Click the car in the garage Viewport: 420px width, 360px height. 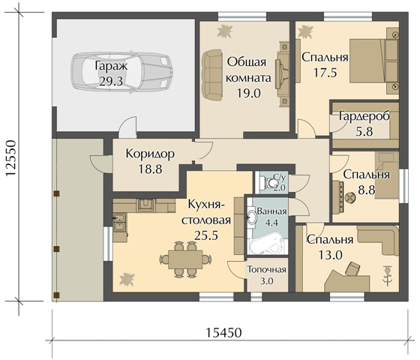[x=121, y=72]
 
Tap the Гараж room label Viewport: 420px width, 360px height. [x=111, y=66]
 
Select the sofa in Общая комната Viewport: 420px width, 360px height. [x=212, y=75]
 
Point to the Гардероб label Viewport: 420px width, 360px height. [x=364, y=116]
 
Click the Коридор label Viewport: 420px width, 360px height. [x=150, y=154]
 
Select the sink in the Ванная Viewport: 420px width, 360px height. [x=252, y=217]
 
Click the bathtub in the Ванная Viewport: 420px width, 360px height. [x=267, y=245]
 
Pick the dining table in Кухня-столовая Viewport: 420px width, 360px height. [x=185, y=259]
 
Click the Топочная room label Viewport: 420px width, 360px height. [x=266, y=269]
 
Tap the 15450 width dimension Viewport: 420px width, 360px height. [x=224, y=333]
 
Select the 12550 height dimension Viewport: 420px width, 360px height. [x=11, y=158]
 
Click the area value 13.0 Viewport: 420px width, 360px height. [x=330, y=255]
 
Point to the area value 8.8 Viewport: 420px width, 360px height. [x=366, y=190]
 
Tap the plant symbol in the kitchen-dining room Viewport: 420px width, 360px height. [x=127, y=280]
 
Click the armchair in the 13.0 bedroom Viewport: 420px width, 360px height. [x=352, y=268]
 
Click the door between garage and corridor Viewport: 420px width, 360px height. [x=128, y=126]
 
